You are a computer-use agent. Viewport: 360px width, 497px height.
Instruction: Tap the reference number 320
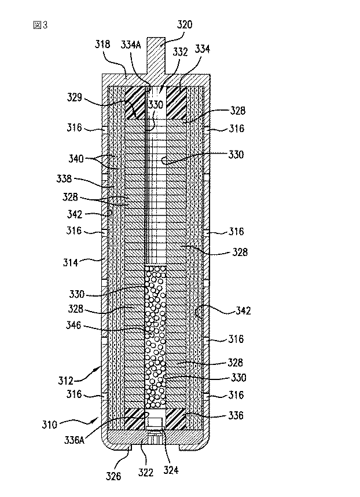pos(184,25)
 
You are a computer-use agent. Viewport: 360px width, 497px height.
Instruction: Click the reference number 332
pos(180,52)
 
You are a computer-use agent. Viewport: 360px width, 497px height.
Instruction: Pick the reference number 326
pos(114,476)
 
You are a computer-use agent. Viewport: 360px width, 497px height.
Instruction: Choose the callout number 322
pos(146,473)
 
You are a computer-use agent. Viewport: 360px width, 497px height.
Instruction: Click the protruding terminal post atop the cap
pos(157,55)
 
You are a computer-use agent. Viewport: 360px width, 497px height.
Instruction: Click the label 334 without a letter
pos(203,50)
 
